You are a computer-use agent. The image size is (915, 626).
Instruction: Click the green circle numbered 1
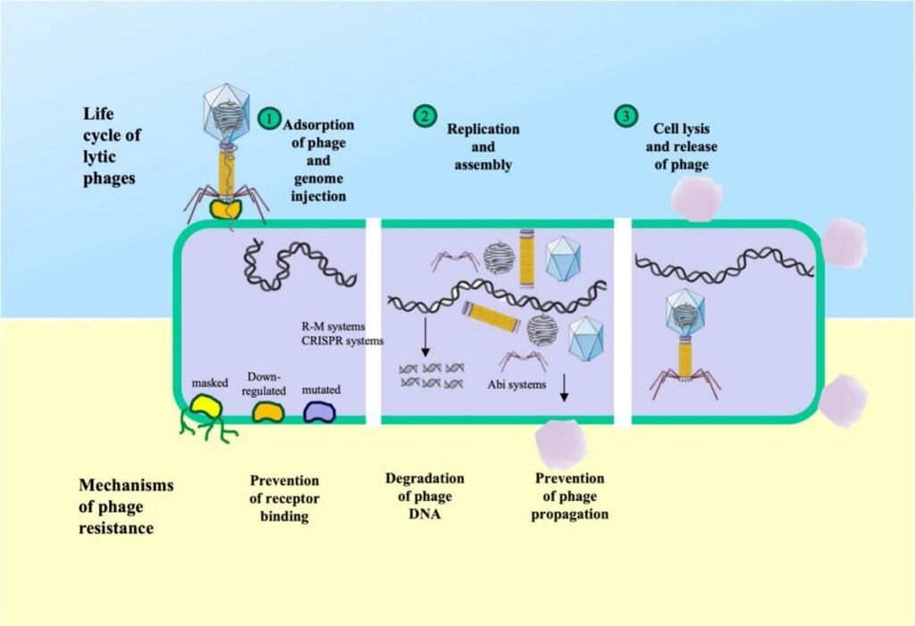pyautogui.click(x=267, y=119)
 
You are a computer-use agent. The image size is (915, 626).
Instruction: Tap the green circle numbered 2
pyautogui.click(x=424, y=117)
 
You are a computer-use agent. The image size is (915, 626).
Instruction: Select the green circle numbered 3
pyautogui.click(x=625, y=117)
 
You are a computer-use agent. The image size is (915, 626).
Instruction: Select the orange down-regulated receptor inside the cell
pyautogui.click(x=267, y=411)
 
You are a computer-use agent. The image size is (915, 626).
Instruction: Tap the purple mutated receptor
pyautogui.click(x=319, y=410)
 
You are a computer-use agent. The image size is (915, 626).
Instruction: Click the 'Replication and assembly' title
pyautogui.click(x=483, y=146)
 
